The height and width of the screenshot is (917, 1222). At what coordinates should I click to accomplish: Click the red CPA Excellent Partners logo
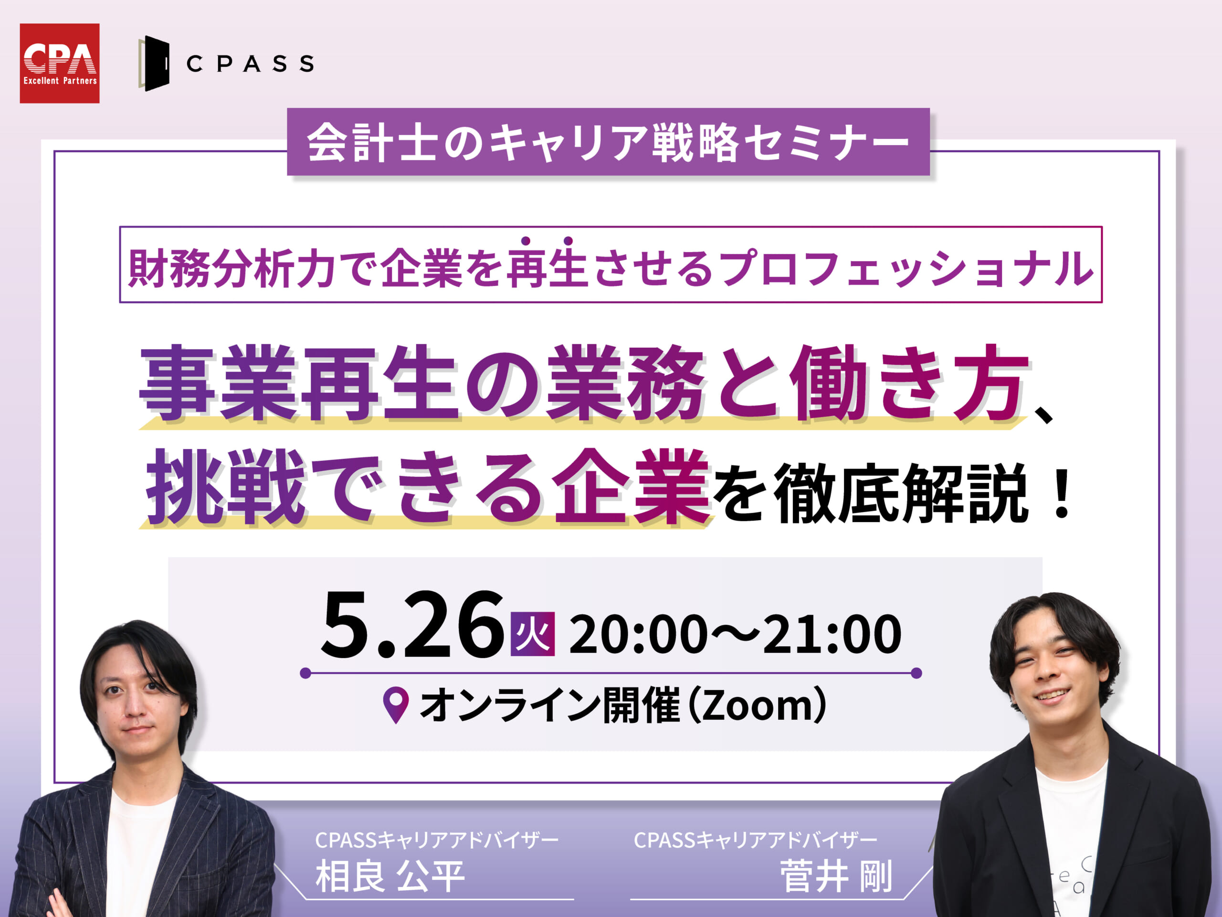coord(60,63)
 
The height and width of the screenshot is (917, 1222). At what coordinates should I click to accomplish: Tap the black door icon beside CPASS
coord(154,64)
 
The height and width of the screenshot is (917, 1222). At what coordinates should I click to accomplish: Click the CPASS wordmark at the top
coord(250,64)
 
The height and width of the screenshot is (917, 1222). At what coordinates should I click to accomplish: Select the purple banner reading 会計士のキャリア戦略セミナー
coord(608,142)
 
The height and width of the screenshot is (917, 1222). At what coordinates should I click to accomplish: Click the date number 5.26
coord(412,624)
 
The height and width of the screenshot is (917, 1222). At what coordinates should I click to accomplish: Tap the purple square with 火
coord(533,634)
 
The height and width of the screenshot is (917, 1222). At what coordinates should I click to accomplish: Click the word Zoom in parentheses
coord(762,706)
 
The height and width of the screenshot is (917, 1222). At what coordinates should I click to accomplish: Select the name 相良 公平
coord(390,876)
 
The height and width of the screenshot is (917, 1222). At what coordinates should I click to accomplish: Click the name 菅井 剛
coord(835,876)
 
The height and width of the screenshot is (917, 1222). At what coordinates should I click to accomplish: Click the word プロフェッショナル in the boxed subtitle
coord(906,268)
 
